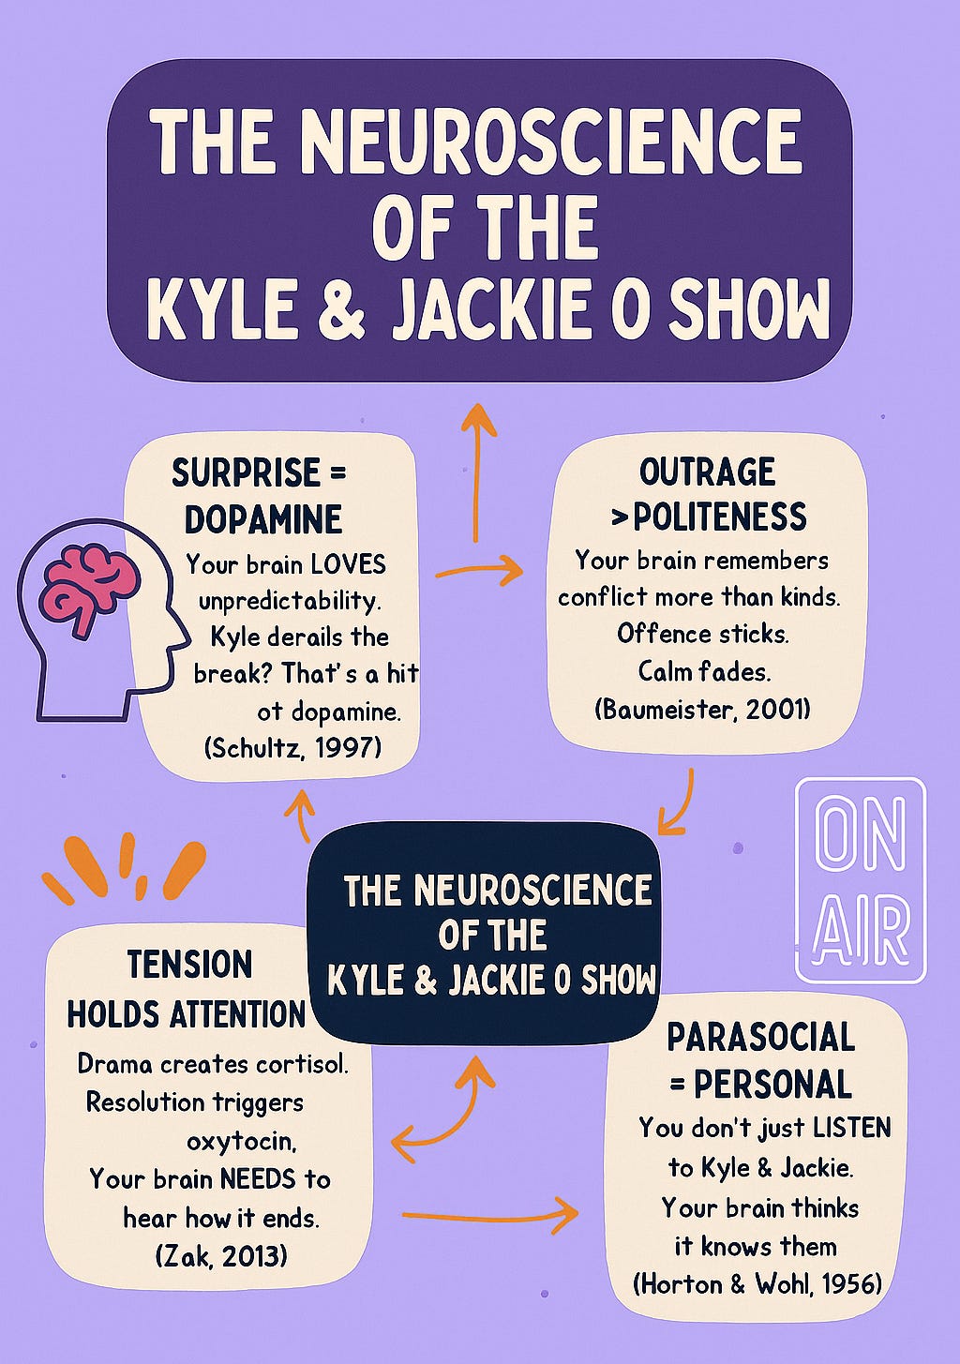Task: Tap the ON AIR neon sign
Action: (861, 879)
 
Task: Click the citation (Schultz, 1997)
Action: (292, 747)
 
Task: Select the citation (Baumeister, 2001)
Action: (702, 709)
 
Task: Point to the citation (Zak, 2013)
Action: (221, 1255)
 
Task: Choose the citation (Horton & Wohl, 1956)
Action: (758, 1283)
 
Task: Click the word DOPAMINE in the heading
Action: (263, 519)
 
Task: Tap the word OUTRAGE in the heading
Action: (708, 472)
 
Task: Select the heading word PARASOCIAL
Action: (760, 1038)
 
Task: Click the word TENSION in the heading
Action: (190, 965)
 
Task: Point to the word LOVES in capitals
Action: (348, 564)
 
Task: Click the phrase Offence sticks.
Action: (702, 634)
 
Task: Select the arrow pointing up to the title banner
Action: (478, 469)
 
